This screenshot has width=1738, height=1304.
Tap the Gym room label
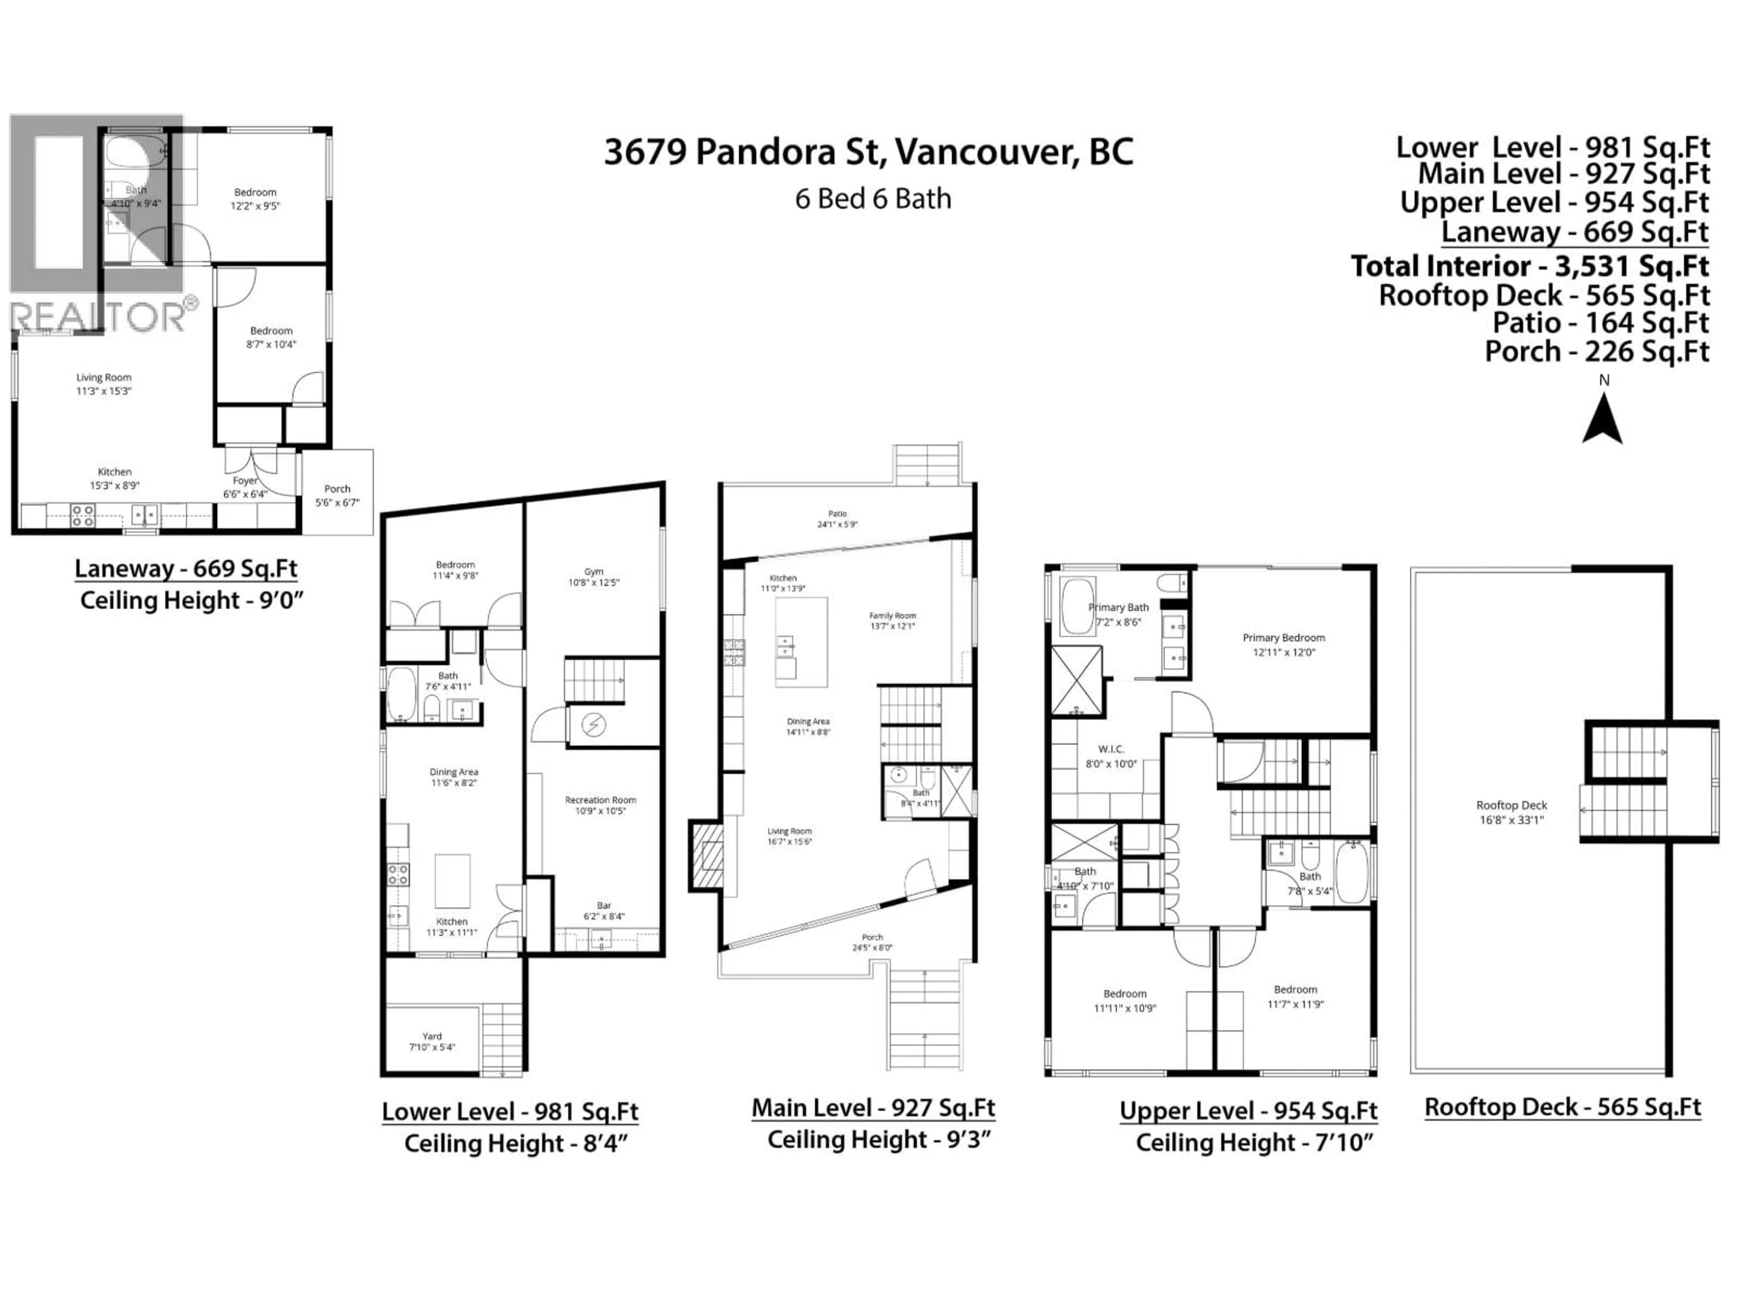(593, 577)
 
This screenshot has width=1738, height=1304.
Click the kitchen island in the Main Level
(801, 642)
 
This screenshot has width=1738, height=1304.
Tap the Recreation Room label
(600, 805)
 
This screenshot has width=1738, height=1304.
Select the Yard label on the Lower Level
(431, 1041)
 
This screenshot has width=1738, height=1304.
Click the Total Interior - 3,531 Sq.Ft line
(1529, 266)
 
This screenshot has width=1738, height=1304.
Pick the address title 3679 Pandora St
(868, 152)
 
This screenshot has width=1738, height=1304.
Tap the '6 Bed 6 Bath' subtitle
(872, 199)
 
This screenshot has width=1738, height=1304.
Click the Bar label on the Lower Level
(603, 910)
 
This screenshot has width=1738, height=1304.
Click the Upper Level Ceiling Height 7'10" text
(1254, 1142)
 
